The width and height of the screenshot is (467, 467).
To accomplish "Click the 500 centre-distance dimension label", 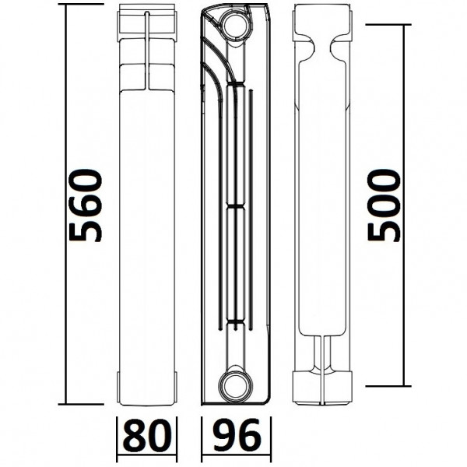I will pyautogui.click(x=384, y=205).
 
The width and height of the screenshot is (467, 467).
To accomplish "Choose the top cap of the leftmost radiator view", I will pyautogui.click(x=147, y=23).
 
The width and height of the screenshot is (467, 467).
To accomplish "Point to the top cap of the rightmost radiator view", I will pyautogui.click(x=322, y=23).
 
